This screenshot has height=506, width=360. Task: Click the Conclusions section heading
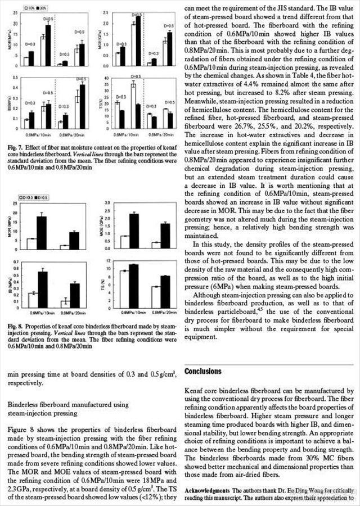[x=211, y=372]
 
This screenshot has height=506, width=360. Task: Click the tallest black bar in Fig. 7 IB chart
[x=83, y=106]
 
